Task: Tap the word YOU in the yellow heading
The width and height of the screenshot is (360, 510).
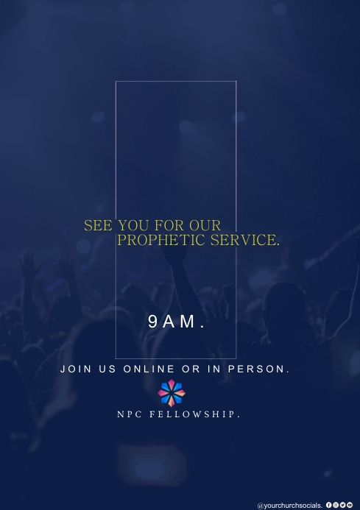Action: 133,225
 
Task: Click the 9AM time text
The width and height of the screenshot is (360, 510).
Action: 176,321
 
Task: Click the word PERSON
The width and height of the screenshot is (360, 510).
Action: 257,369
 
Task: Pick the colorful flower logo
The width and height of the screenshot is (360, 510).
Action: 172,393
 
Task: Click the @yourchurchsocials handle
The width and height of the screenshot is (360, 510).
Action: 289,506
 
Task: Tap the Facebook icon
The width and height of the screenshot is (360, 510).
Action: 328,505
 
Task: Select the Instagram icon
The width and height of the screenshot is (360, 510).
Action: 336,505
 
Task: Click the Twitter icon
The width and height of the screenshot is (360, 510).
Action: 342,505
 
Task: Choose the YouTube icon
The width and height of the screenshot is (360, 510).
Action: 350,505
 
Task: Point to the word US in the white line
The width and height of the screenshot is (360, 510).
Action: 107,369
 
